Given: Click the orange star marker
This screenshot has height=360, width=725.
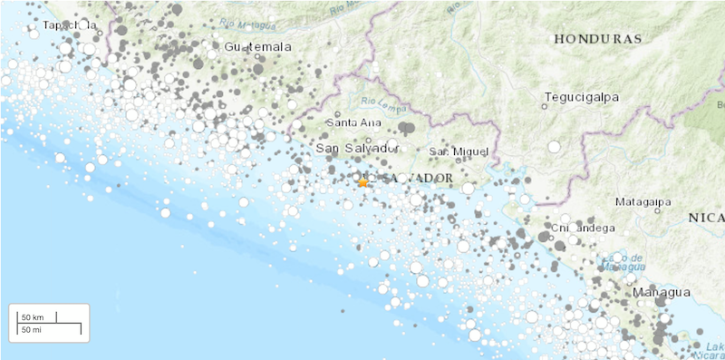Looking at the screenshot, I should pyautogui.click(x=362, y=182).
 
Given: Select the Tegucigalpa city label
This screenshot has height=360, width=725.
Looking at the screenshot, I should pyautogui.click(x=579, y=95).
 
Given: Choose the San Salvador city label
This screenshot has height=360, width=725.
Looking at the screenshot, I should pyautogui.click(x=358, y=148).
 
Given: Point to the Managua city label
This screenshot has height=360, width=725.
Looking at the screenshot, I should pyautogui.click(x=662, y=292).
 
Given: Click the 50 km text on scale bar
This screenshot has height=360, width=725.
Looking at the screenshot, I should pyautogui.click(x=33, y=316).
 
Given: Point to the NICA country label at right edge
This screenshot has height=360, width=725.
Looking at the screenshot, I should pyautogui.click(x=706, y=217).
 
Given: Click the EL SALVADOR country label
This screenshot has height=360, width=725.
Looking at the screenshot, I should pyautogui.click(x=403, y=178).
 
